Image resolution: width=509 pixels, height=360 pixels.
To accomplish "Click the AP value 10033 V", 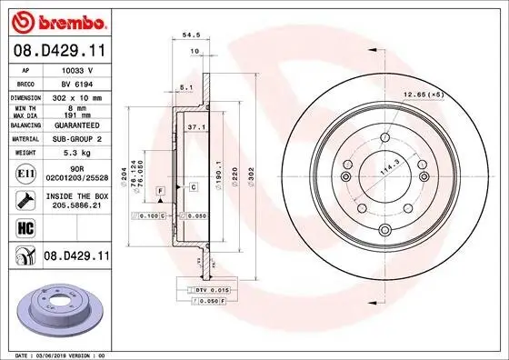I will [x=76, y=69].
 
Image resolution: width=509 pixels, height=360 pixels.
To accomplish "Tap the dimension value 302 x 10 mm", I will [x=76, y=96].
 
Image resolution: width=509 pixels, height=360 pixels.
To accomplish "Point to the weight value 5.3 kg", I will [x=76, y=153].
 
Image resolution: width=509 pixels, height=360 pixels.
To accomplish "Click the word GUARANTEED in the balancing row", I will [x=76, y=125].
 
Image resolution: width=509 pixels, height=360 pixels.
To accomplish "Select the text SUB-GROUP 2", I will [x=76, y=139].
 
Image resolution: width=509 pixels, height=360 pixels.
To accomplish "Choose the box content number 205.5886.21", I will [x=76, y=206].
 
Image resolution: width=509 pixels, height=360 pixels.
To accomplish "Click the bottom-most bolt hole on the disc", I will [x=384, y=228].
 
